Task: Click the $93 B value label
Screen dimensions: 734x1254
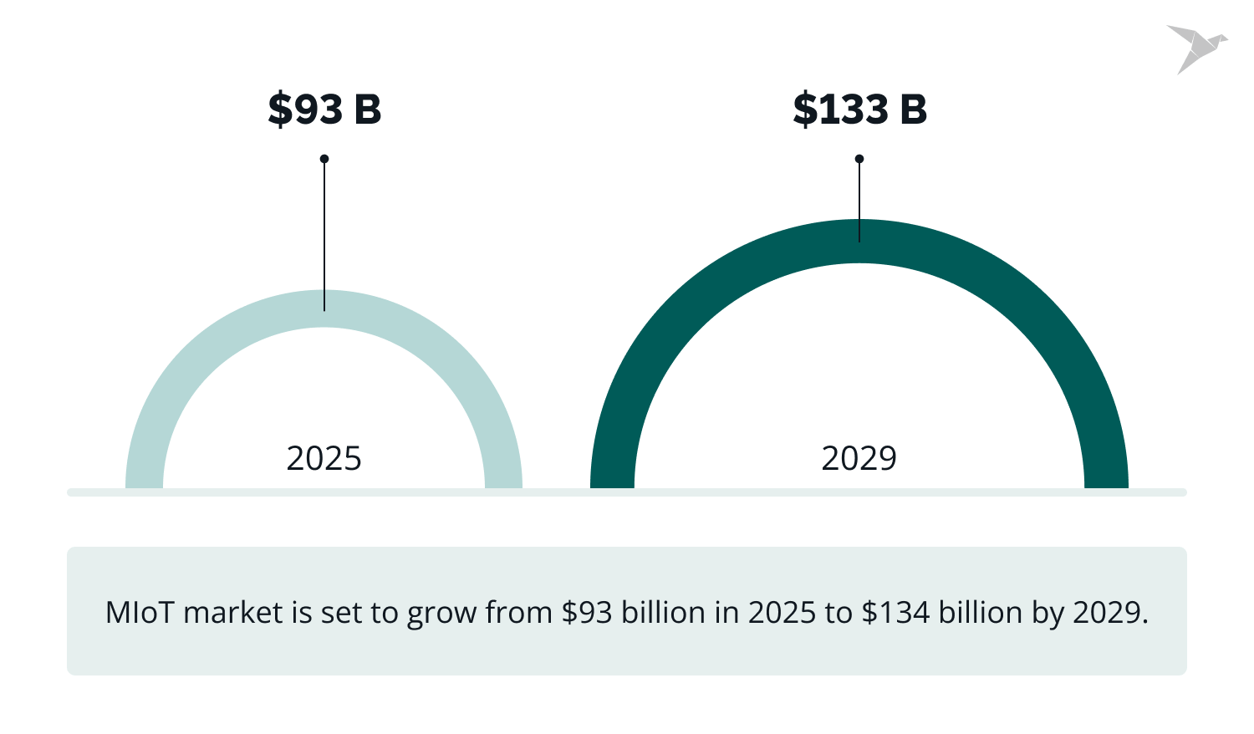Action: coord(324,110)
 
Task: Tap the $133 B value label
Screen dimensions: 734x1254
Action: coord(859,110)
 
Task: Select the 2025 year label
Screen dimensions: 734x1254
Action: coord(324,458)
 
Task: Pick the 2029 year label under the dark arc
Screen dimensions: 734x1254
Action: coord(859,458)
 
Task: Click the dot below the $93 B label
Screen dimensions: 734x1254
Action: coord(324,159)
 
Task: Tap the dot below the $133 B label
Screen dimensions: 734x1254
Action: coord(859,159)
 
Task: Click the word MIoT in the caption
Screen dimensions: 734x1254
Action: coord(140,613)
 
